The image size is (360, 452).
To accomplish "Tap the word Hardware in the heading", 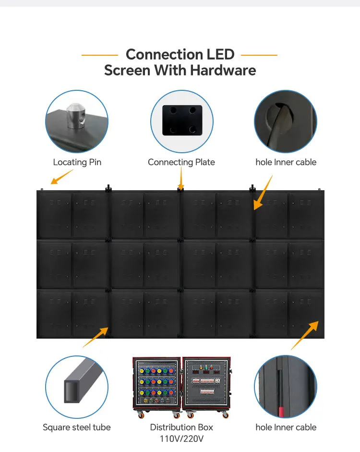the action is tap(223, 70).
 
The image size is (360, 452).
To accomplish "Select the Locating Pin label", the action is tap(77, 162).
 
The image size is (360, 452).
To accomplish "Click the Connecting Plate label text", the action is tap(181, 162).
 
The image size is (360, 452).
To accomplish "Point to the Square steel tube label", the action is tap(77, 427).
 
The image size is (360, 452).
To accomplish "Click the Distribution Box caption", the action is tap(181, 427).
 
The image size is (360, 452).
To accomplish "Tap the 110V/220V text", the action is tap(181, 439).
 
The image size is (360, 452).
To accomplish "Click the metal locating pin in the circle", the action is tap(76, 116).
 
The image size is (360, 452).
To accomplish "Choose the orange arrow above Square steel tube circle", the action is tap(96, 337).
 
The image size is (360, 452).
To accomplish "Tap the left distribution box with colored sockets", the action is tap(156, 384).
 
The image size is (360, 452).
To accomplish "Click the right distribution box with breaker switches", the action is tap(206, 384).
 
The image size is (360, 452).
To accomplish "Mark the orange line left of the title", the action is tap(99, 55).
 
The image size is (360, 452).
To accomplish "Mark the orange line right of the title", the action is tap(259, 55).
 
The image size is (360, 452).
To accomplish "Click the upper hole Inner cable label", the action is tap(286, 162).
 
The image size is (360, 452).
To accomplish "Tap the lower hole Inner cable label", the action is tap(286, 427).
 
